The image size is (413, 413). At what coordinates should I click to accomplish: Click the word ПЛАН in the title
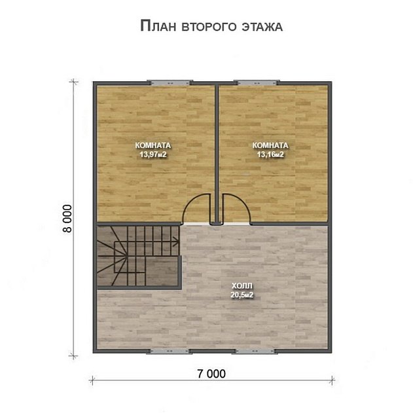point(158,26)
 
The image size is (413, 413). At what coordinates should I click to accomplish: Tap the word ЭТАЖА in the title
point(262,27)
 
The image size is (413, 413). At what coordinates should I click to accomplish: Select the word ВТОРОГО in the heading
point(209,27)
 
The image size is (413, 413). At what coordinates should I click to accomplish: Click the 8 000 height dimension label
point(67,219)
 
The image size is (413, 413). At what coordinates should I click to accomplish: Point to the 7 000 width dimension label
point(211,374)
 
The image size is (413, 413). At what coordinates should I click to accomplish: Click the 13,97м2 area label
point(153,154)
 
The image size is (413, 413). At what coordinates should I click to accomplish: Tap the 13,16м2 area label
point(270,154)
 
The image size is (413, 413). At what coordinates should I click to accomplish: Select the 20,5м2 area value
point(242,295)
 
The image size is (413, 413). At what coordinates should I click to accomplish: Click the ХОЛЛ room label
point(242,286)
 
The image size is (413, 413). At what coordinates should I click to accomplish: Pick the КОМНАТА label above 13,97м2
point(153,145)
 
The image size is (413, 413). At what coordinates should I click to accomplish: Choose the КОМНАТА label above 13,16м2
point(270,145)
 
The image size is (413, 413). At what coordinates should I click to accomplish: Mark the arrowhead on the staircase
point(175,241)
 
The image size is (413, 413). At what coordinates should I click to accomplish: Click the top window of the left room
point(170,82)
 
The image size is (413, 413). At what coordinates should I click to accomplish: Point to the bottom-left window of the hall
point(170,351)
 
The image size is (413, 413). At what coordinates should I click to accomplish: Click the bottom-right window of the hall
point(255,351)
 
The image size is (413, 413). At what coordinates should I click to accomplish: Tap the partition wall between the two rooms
point(217,154)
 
